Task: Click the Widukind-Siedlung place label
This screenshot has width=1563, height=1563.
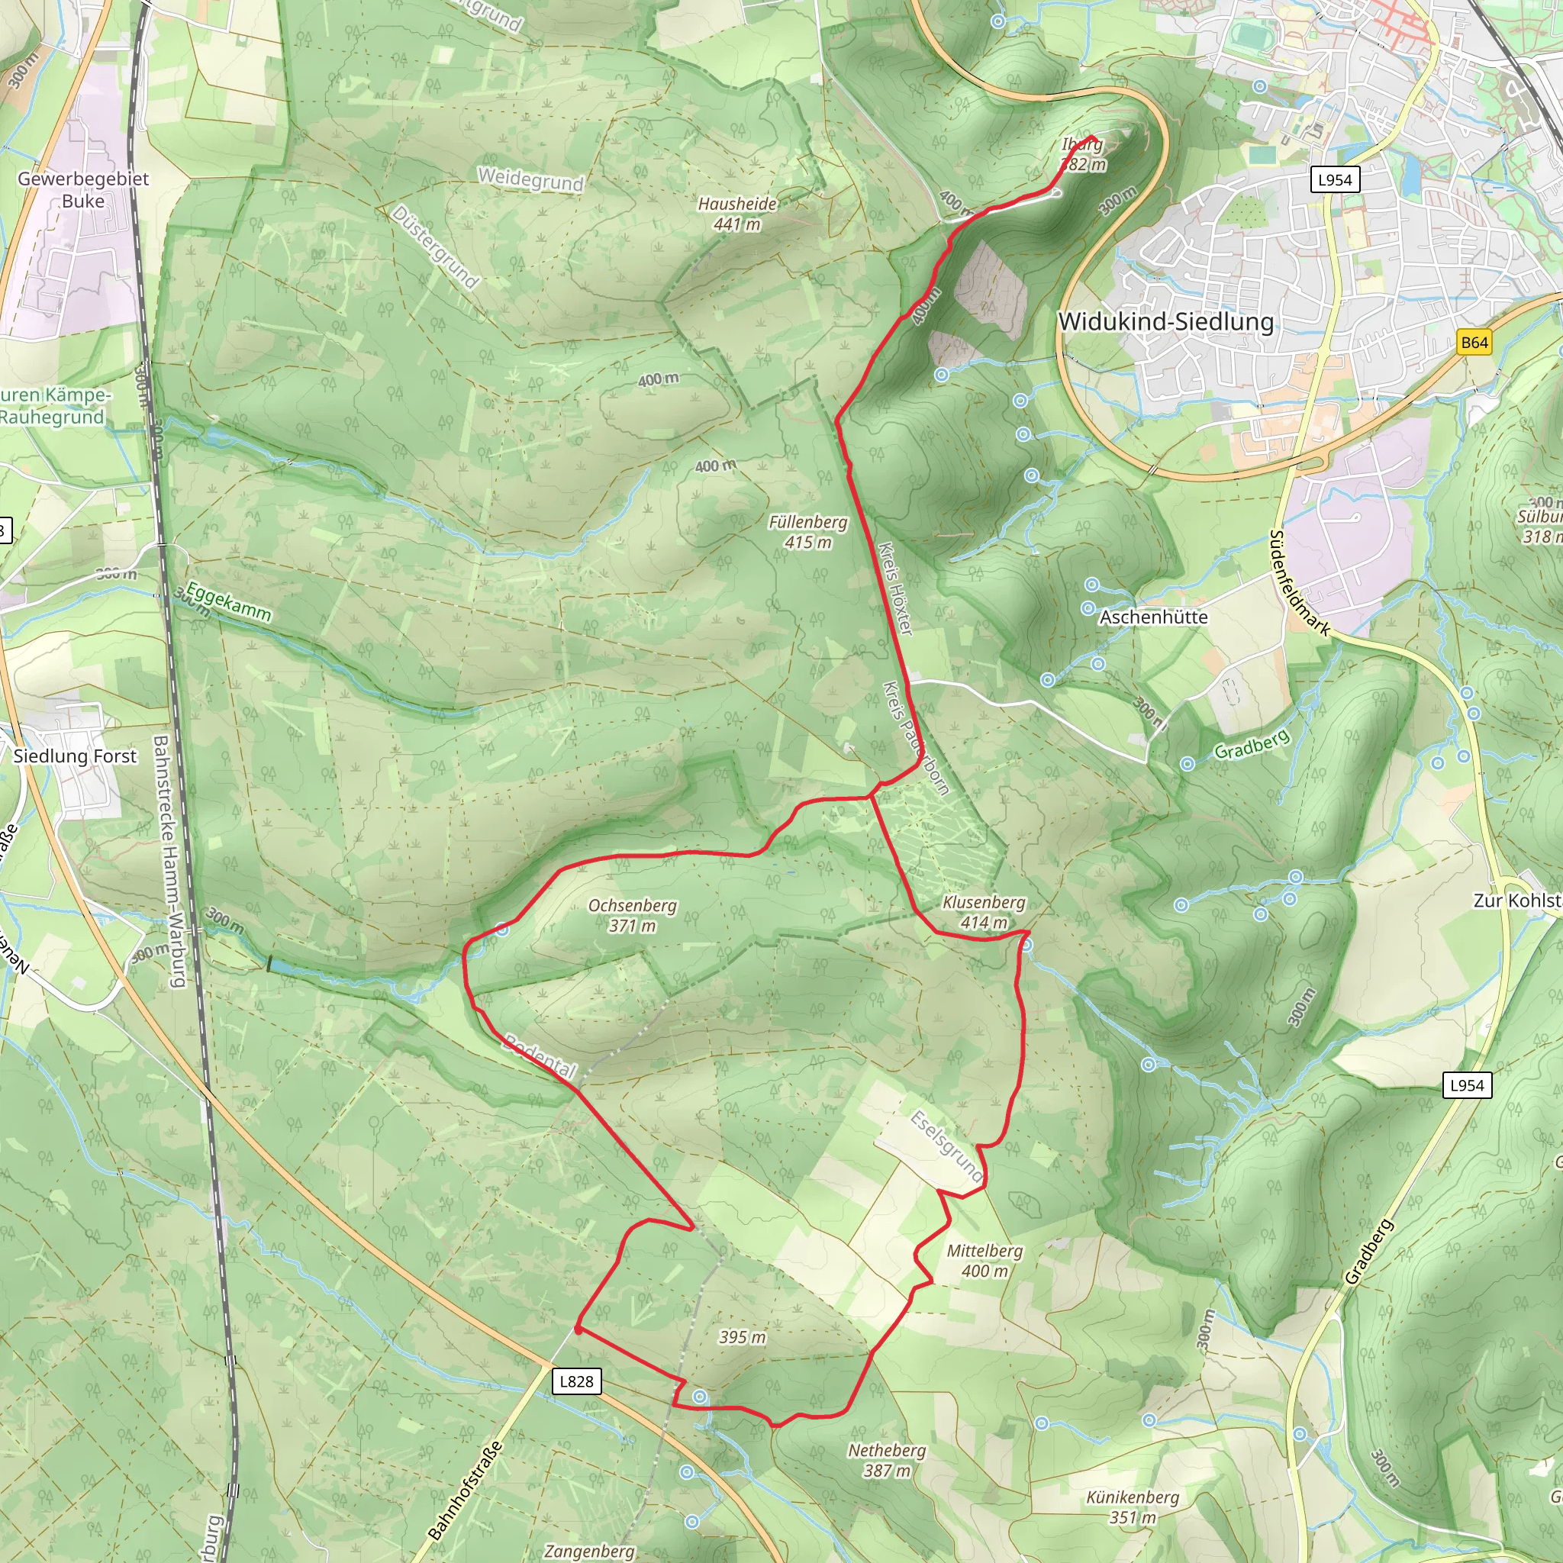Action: point(1166,322)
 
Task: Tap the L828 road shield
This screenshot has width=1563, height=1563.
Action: point(577,1381)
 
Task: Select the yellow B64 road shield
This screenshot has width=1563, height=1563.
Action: point(1474,342)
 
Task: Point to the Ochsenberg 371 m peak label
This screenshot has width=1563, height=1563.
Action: point(633,915)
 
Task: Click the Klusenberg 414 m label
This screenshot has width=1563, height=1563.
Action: point(984,912)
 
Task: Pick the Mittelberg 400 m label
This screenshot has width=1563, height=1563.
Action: point(985,1261)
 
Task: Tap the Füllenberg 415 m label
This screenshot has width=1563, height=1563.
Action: point(808,531)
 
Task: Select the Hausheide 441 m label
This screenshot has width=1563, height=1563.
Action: point(737,214)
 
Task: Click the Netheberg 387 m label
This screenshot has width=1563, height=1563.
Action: point(887,1460)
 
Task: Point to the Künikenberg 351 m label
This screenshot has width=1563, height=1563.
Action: point(1133,1507)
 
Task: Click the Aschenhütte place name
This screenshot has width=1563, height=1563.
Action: point(1153,617)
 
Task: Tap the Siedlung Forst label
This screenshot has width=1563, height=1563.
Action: point(76,756)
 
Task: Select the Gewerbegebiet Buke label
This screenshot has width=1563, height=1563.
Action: point(83,189)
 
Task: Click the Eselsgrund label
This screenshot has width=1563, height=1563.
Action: point(946,1146)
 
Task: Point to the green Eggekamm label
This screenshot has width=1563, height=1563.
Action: point(229,601)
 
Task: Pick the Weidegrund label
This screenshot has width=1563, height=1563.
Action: point(530,179)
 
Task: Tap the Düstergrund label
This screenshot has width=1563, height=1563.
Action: point(435,247)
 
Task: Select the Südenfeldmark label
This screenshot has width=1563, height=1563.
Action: point(1299,583)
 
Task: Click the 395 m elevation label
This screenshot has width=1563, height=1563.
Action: point(742,1336)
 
